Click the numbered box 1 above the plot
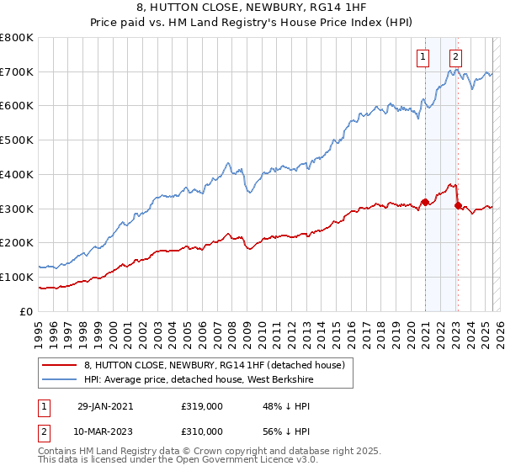tap(422, 57)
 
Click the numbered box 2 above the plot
tap(455, 57)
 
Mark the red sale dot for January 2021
tap(425, 202)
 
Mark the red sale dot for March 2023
tap(457, 204)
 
